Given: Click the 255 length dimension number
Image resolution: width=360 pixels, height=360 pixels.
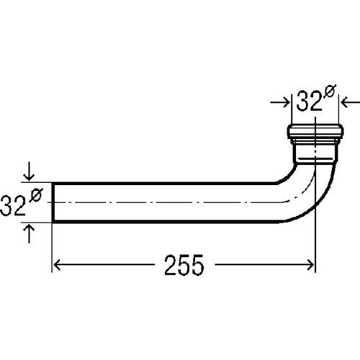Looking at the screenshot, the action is [184, 265].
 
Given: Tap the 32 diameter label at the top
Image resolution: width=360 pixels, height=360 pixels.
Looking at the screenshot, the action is [309, 102].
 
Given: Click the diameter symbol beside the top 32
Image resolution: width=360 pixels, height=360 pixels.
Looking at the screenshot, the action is [329, 91].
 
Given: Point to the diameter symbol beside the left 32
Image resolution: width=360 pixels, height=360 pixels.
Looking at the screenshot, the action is [36, 195].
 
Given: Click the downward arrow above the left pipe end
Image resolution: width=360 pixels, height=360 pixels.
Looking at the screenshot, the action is [29, 171].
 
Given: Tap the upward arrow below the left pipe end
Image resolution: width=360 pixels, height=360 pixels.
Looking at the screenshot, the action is [29, 234].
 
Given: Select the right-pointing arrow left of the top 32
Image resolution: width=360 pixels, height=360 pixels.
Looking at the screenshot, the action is [280, 103].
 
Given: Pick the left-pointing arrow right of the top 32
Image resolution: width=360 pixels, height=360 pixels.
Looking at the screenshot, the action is [351, 103].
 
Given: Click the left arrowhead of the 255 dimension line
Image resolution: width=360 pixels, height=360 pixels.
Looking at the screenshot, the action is [57, 265].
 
